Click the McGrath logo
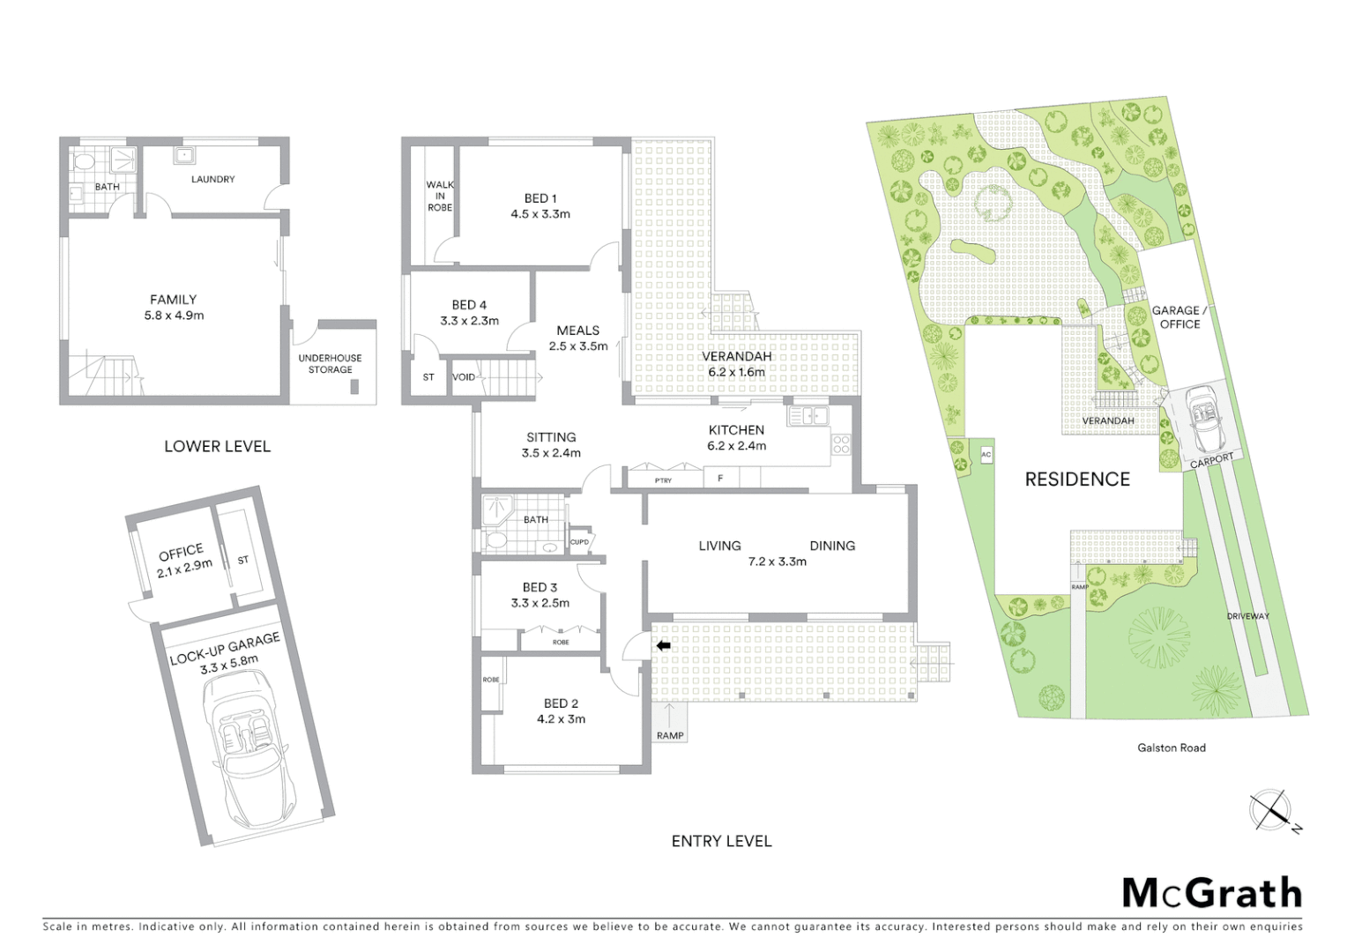[1211, 893]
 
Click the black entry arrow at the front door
[663, 646]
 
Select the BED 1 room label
[540, 206]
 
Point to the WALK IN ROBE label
[439, 196]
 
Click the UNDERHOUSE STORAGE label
[330, 364]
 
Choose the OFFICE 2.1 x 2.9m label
[184, 558]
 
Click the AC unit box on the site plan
[986, 454]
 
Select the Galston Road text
[1171, 747]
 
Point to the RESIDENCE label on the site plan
[1076, 480]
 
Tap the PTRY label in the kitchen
[663, 480]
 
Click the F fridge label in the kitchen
[720, 480]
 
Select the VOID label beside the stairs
[463, 377]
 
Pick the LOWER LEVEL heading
[217, 446]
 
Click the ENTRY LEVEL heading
[721, 841]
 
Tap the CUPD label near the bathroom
[579, 542]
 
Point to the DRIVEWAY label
[1247, 616]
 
